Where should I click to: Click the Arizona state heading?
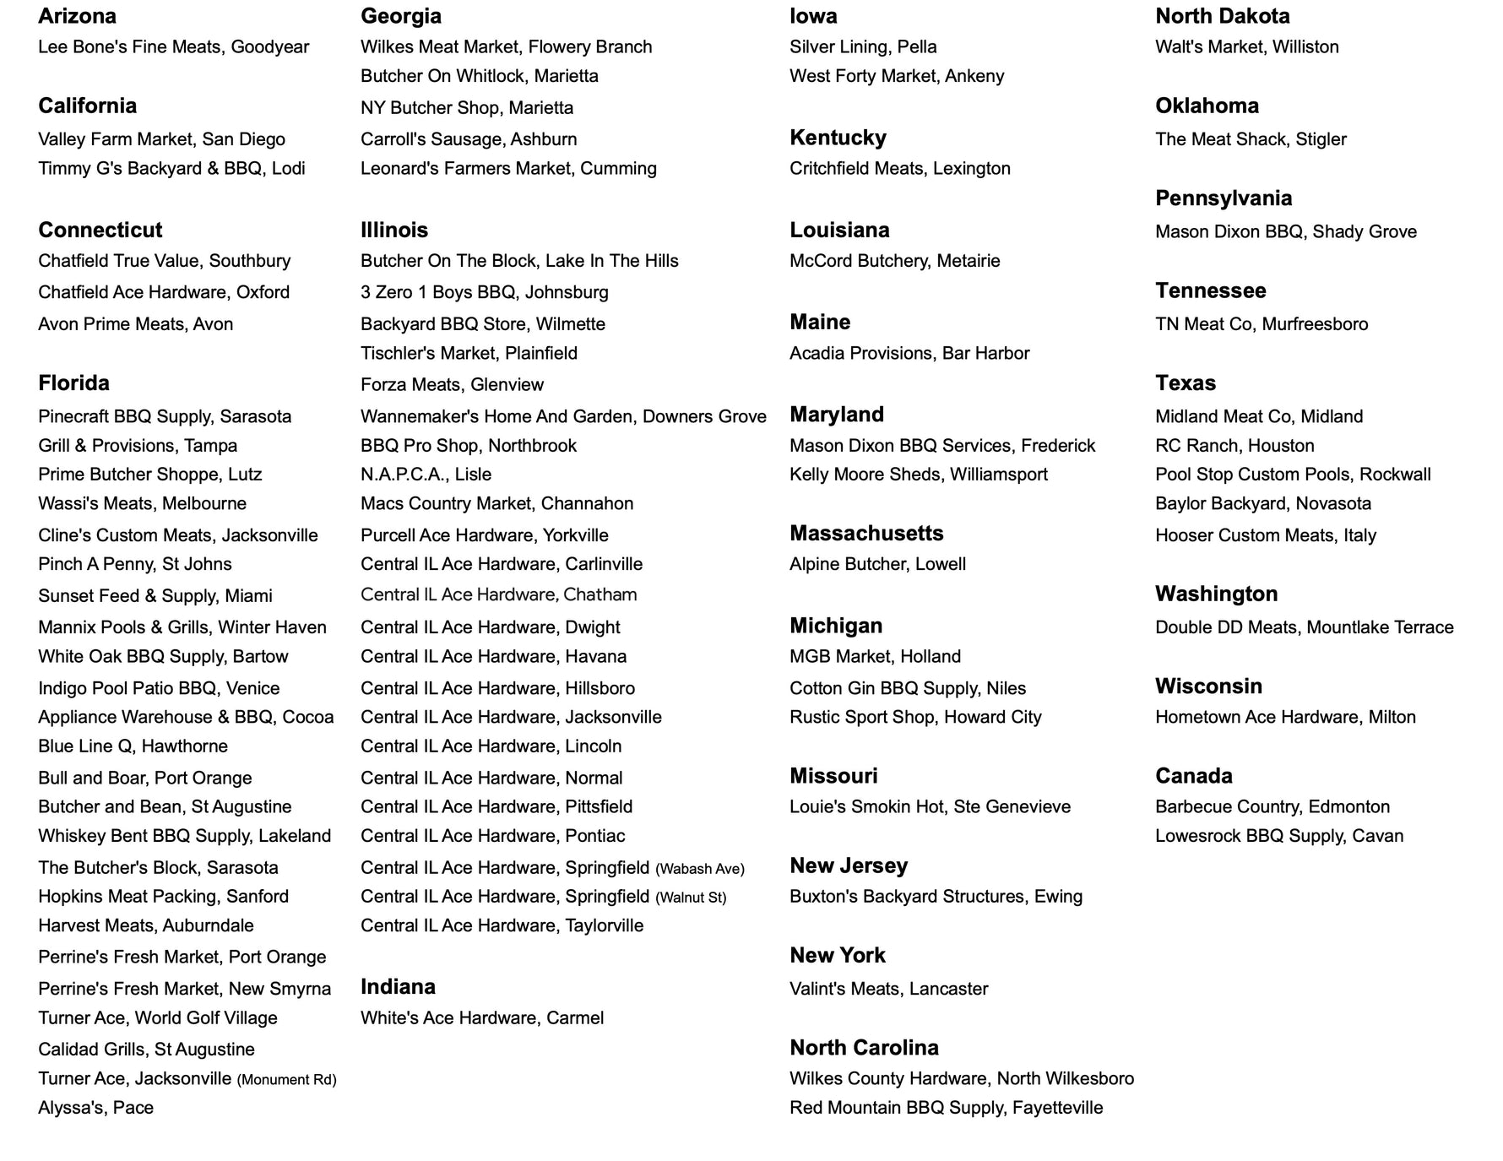pyautogui.click(x=77, y=16)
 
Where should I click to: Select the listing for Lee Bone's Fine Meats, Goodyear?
pyautogui.click(x=173, y=47)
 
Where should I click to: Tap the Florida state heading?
pyautogui.click(x=73, y=383)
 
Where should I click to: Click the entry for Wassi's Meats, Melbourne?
pyautogui.click(x=142, y=504)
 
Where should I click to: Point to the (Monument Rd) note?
pyautogui.click(x=286, y=1080)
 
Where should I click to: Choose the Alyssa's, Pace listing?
pyautogui.click(x=95, y=1108)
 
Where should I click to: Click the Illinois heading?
pyautogui.click(x=393, y=230)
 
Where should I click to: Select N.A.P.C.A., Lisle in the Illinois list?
pyautogui.click(x=426, y=475)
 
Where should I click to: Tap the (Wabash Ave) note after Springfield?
pyautogui.click(x=700, y=869)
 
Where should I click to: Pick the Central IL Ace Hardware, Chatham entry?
pyautogui.click(x=498, y=594)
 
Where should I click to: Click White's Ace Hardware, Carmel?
pyautogui.click(x=481, y=1018)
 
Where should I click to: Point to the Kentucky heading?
pyautogui.click(x=838, y=138)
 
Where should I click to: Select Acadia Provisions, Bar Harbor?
pyautogui.click(x=909, y=354)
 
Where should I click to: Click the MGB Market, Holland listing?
pyautogui.click(x=875, y=657)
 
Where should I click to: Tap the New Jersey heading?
pyautogui.click(x=848, y=865)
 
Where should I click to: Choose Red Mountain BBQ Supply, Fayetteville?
pyautogui.click(x=946, y=1108)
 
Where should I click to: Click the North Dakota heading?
pyautogui.click(x=1222, y=16)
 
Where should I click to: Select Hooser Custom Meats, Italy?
pyautogui.click(x=1265, y=535)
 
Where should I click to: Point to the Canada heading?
pyautogui.click(x=1193, y=776)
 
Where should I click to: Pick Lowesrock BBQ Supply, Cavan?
pyautogui.click(x=1278, y=836)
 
